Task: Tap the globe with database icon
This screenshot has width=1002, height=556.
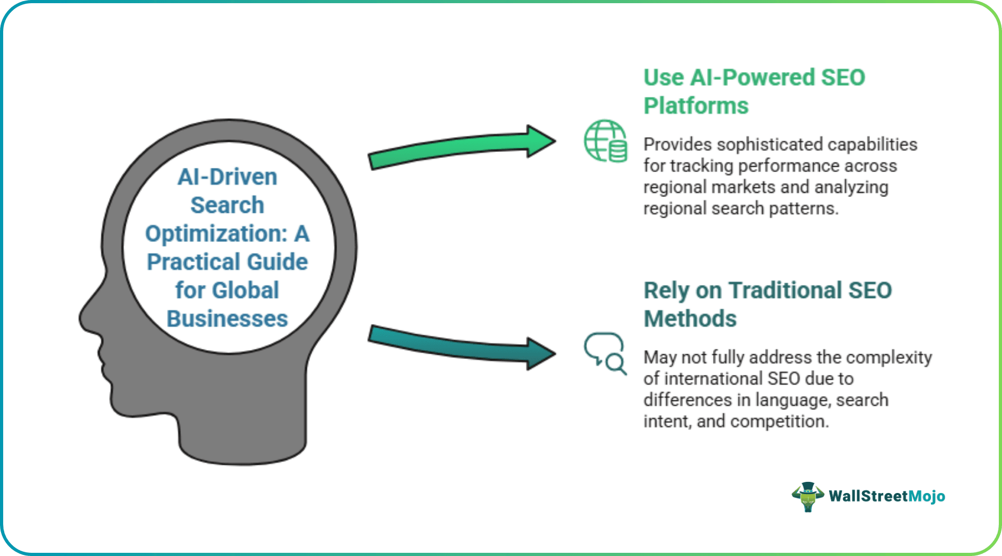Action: tap(605, 141)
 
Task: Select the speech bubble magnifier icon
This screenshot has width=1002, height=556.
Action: tap(605, 354)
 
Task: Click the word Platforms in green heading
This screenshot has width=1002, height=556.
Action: tap(696, 106)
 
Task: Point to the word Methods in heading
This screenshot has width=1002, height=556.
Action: tap(690, 319)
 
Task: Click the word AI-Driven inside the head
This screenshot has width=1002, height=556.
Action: tap(227, 177)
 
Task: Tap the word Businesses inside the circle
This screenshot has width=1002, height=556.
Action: tap(227, 319)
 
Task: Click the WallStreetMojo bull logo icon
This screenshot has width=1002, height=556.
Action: tap(807, 496)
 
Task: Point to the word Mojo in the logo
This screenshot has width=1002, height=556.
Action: tap(926, 496)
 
